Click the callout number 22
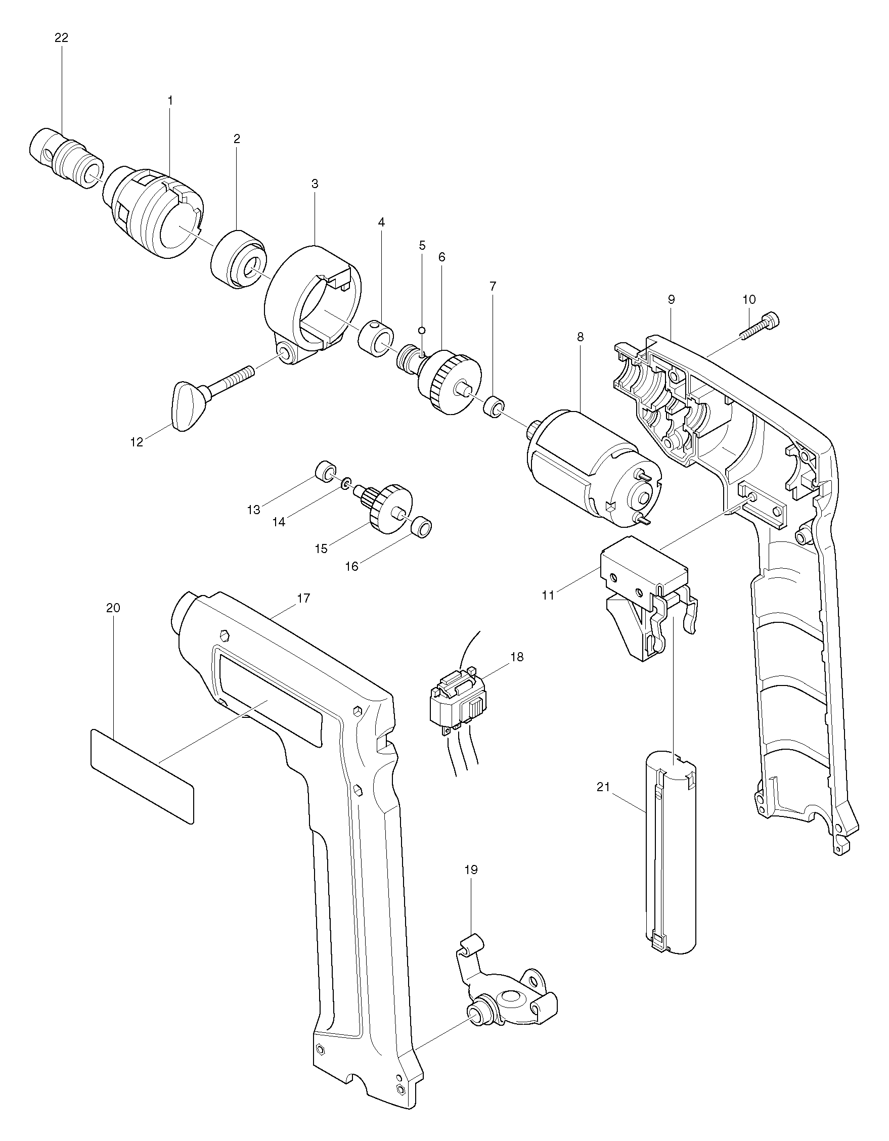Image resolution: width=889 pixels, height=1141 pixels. (61, 38)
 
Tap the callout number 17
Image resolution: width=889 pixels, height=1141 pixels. (303, 598)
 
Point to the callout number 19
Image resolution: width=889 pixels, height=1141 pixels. (471, 870)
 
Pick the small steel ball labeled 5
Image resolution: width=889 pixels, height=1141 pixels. (422, 330)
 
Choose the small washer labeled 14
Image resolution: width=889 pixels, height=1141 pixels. (345, 485)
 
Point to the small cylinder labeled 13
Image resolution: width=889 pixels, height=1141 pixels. (325, 471)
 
